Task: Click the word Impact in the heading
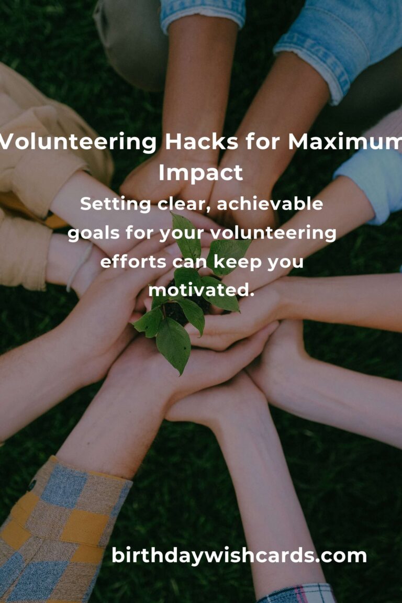coord(200,173)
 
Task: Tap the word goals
coord(94,233)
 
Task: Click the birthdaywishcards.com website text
coord(239,555)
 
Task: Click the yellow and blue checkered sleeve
coord(58,529)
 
